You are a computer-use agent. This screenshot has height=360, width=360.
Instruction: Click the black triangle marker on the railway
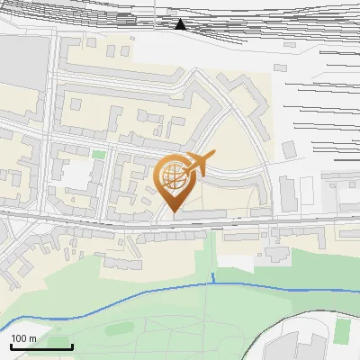(x=180, y=24)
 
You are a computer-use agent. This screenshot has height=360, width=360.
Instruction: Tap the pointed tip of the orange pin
(x=173, y=211)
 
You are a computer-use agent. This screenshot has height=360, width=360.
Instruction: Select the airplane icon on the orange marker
(x=198, y=165)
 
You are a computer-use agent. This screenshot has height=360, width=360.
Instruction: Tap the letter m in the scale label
(x=32, y=337)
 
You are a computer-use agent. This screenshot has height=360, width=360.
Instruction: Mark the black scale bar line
(x=41, y=346)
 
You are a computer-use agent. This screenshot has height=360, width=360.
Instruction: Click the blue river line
(x=135, y=294)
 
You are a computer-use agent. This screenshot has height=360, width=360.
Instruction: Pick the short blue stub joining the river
(x=212, y=277)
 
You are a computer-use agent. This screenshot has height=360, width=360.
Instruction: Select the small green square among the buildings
(x=98, y=155)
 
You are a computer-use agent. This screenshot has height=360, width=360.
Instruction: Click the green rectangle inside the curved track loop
(x=341, y=330)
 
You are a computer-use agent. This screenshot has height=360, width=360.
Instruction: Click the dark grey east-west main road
(x=90, y=222)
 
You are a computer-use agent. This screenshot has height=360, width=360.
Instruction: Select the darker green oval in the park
(x=119, y=328)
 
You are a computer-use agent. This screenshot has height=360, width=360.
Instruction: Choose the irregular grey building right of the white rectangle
(x=274, y=256)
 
